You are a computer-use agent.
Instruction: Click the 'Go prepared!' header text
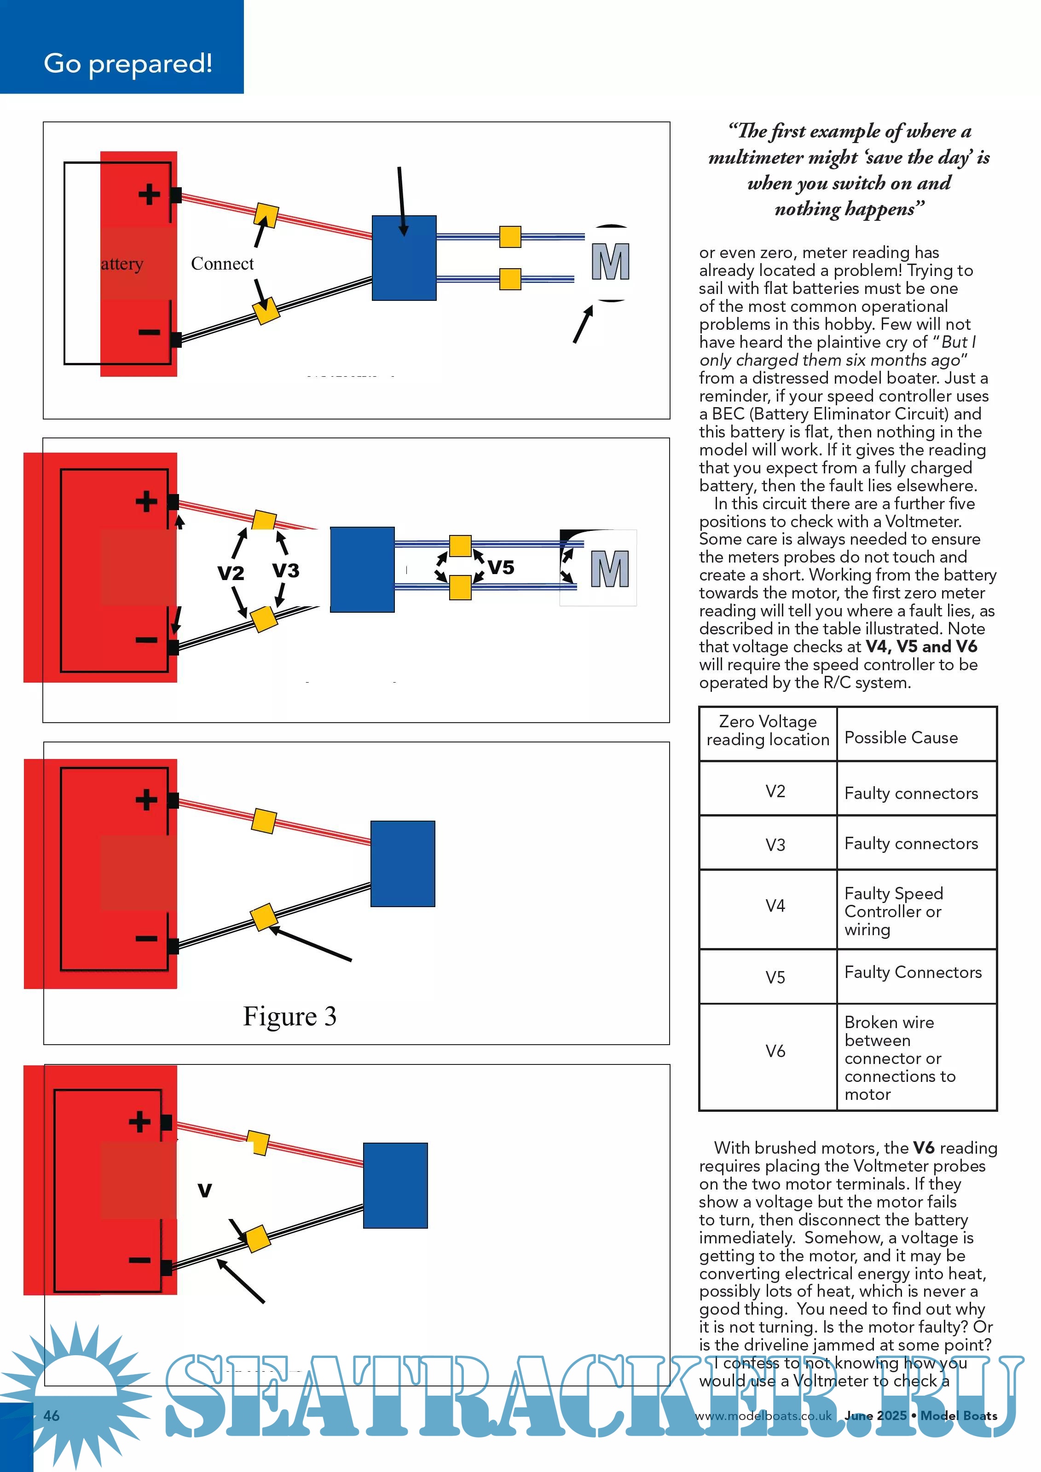point(127,63)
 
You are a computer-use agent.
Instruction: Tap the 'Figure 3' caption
point(289,1016)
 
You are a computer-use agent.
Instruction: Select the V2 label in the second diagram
point(231,573)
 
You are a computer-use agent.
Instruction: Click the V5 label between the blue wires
point(501,567)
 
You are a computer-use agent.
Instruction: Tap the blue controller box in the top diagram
point(404,258)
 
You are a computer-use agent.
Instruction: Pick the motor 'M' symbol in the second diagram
point(609,569)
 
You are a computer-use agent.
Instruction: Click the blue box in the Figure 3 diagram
point(403,863)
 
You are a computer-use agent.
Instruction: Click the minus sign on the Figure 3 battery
point(146,938)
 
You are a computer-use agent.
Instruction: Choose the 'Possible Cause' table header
point(901,738)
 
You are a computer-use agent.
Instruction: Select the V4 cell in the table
point(775,906)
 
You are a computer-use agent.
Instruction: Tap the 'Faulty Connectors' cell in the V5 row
point(913,972)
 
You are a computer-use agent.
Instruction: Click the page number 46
point(51,1415)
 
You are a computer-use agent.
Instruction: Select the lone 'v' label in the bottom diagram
point(205,1190)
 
